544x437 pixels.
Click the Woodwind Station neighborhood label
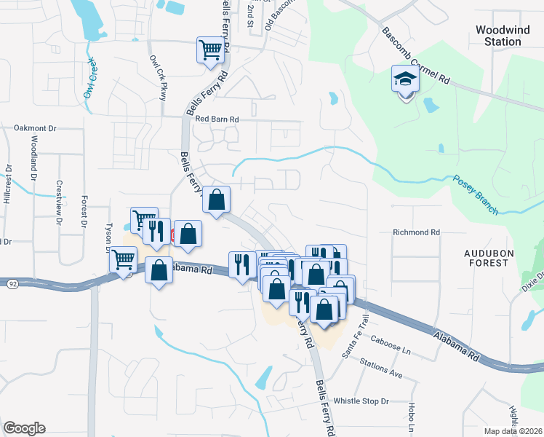pos(498,36)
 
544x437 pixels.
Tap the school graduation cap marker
pos(404,79)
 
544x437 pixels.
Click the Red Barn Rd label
pos(217,119)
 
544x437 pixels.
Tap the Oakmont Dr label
pos(35,127)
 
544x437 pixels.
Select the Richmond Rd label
pos(417,232)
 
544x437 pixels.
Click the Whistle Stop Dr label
pos(361,401)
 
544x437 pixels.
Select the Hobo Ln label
pos(412,414)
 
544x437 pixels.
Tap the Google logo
pos(24,428)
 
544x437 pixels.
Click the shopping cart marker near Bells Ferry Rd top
pos(210,51)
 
